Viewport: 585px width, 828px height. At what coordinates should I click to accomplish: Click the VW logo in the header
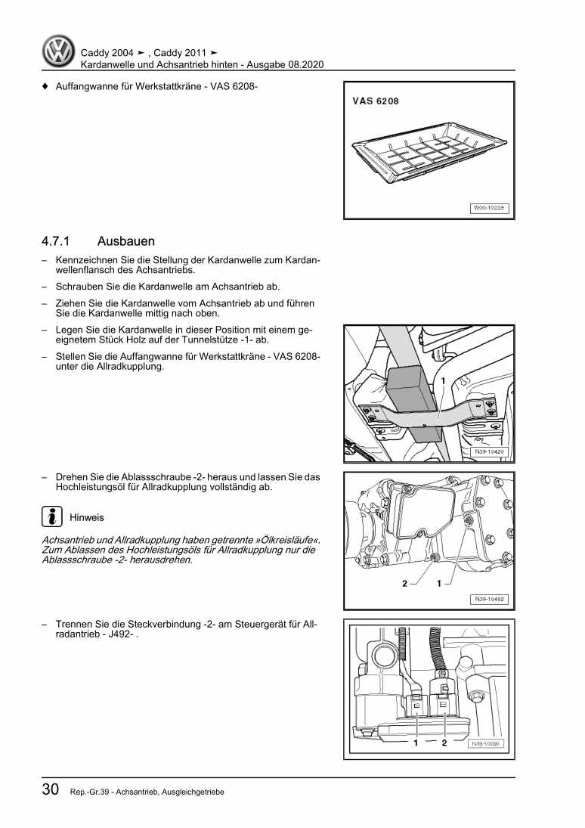pyautogui.click(x=57, y=52)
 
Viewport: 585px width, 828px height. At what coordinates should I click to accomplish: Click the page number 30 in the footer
pyautogui.click(x=51, y=789)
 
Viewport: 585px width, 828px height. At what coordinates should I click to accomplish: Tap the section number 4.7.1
pyautogui.click(x=57, y=242)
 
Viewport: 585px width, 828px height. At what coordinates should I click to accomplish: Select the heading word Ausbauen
pyautogui.click(x=125, y=242)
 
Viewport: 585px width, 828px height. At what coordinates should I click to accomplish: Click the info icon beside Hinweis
pyautogui.click(x=51, y=517)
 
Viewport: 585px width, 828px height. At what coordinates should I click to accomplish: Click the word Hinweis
pyautogui.click(x=86, y=518)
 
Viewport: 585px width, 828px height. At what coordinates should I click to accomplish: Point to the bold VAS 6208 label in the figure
pyautogui.click(x=376, y=101)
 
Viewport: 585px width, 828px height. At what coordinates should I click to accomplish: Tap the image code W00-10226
pyautogui.click(x=490, y=207)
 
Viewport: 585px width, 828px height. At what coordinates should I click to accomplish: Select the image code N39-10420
pyautogui.click(x=490, y=452)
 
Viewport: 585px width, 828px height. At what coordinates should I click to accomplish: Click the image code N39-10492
pyautogui.click(x=490, y=600)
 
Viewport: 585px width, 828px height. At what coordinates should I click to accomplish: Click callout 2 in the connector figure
pyautogui.click(x=444, y=743)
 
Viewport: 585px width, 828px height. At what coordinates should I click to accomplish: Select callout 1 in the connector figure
pyautogui.click(x=416, y=743)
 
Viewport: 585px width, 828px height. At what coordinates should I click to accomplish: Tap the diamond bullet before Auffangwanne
pyautogui.click(x=45, y=86)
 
